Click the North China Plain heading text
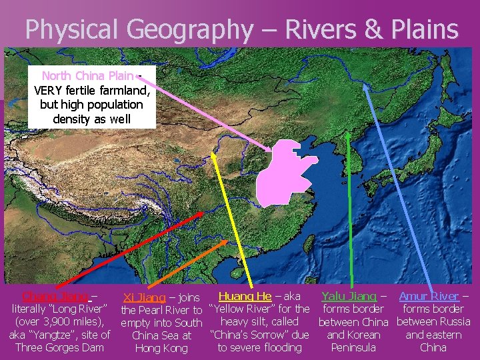(87, 75)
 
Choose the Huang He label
(245, 296)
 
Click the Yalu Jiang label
(349, 296)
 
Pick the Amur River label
(429, 296)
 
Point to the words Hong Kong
(161, 348)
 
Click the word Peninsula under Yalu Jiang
(353, 347)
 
